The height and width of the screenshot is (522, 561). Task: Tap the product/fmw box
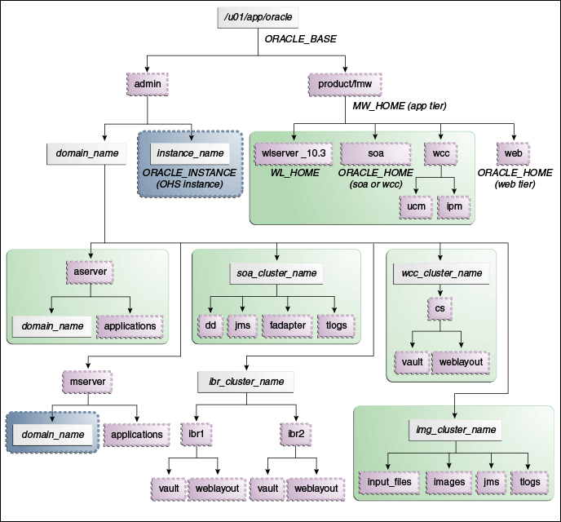tap(346, 82)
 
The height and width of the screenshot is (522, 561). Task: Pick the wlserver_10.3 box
tap(292, 153)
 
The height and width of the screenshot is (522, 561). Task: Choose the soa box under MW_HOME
tap(374, 153)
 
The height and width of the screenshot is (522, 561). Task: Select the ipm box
tap(453, 206)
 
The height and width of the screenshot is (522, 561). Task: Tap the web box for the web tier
tap(513, 153)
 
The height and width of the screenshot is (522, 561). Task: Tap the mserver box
tap(86, 380)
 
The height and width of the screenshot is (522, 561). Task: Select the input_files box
tap(389, 481)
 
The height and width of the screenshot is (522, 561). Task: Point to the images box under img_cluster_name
tap(449, 481)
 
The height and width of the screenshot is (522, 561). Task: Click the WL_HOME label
tap(292, 173)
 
